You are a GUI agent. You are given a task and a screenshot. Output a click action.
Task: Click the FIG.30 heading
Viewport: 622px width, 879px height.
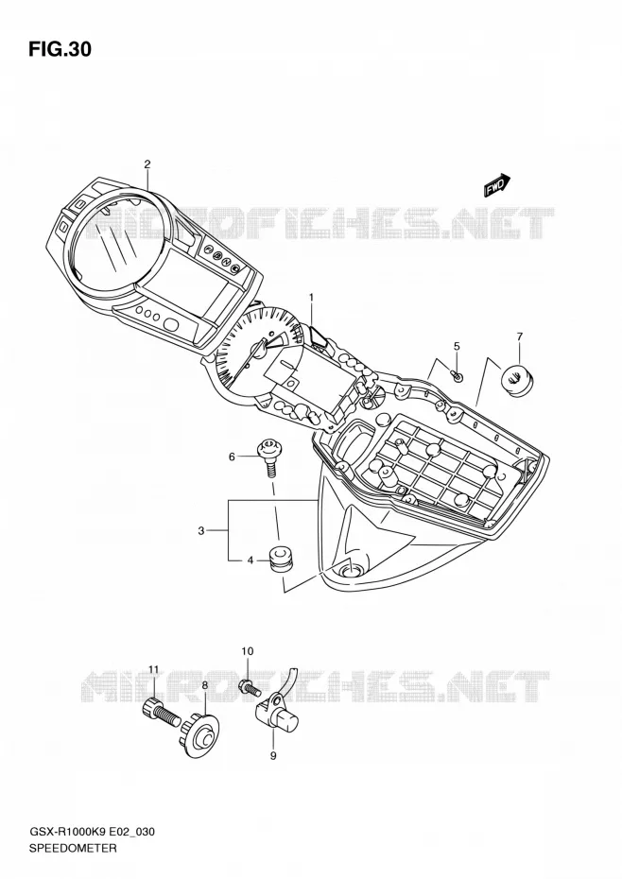click(60, 49)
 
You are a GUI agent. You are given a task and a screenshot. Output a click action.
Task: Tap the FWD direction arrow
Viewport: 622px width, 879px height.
click(497, 185)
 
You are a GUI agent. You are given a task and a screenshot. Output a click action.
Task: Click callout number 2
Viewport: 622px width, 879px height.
click(147, 164)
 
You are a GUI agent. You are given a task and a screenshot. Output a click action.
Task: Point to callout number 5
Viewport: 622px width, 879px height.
click(457, 347)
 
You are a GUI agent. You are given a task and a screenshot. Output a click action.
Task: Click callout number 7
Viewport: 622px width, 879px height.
click(519, 336)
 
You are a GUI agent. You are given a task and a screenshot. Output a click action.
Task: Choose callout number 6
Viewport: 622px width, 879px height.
click(232, 457)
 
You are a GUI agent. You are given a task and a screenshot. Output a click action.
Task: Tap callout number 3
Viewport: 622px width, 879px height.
click(200, 530)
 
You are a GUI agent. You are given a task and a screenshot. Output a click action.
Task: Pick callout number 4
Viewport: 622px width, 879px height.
click(251, 560)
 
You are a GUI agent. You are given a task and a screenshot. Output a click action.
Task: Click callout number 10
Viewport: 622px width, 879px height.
click(248, 651)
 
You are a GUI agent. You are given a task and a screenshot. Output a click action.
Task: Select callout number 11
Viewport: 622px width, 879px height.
click(154, 669)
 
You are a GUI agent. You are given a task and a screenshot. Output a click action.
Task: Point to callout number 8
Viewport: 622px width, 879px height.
click(205, 684)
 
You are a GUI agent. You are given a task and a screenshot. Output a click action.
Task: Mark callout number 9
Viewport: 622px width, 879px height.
click(273, 756)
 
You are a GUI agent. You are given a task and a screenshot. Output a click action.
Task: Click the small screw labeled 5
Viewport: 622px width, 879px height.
click(458, 376)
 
